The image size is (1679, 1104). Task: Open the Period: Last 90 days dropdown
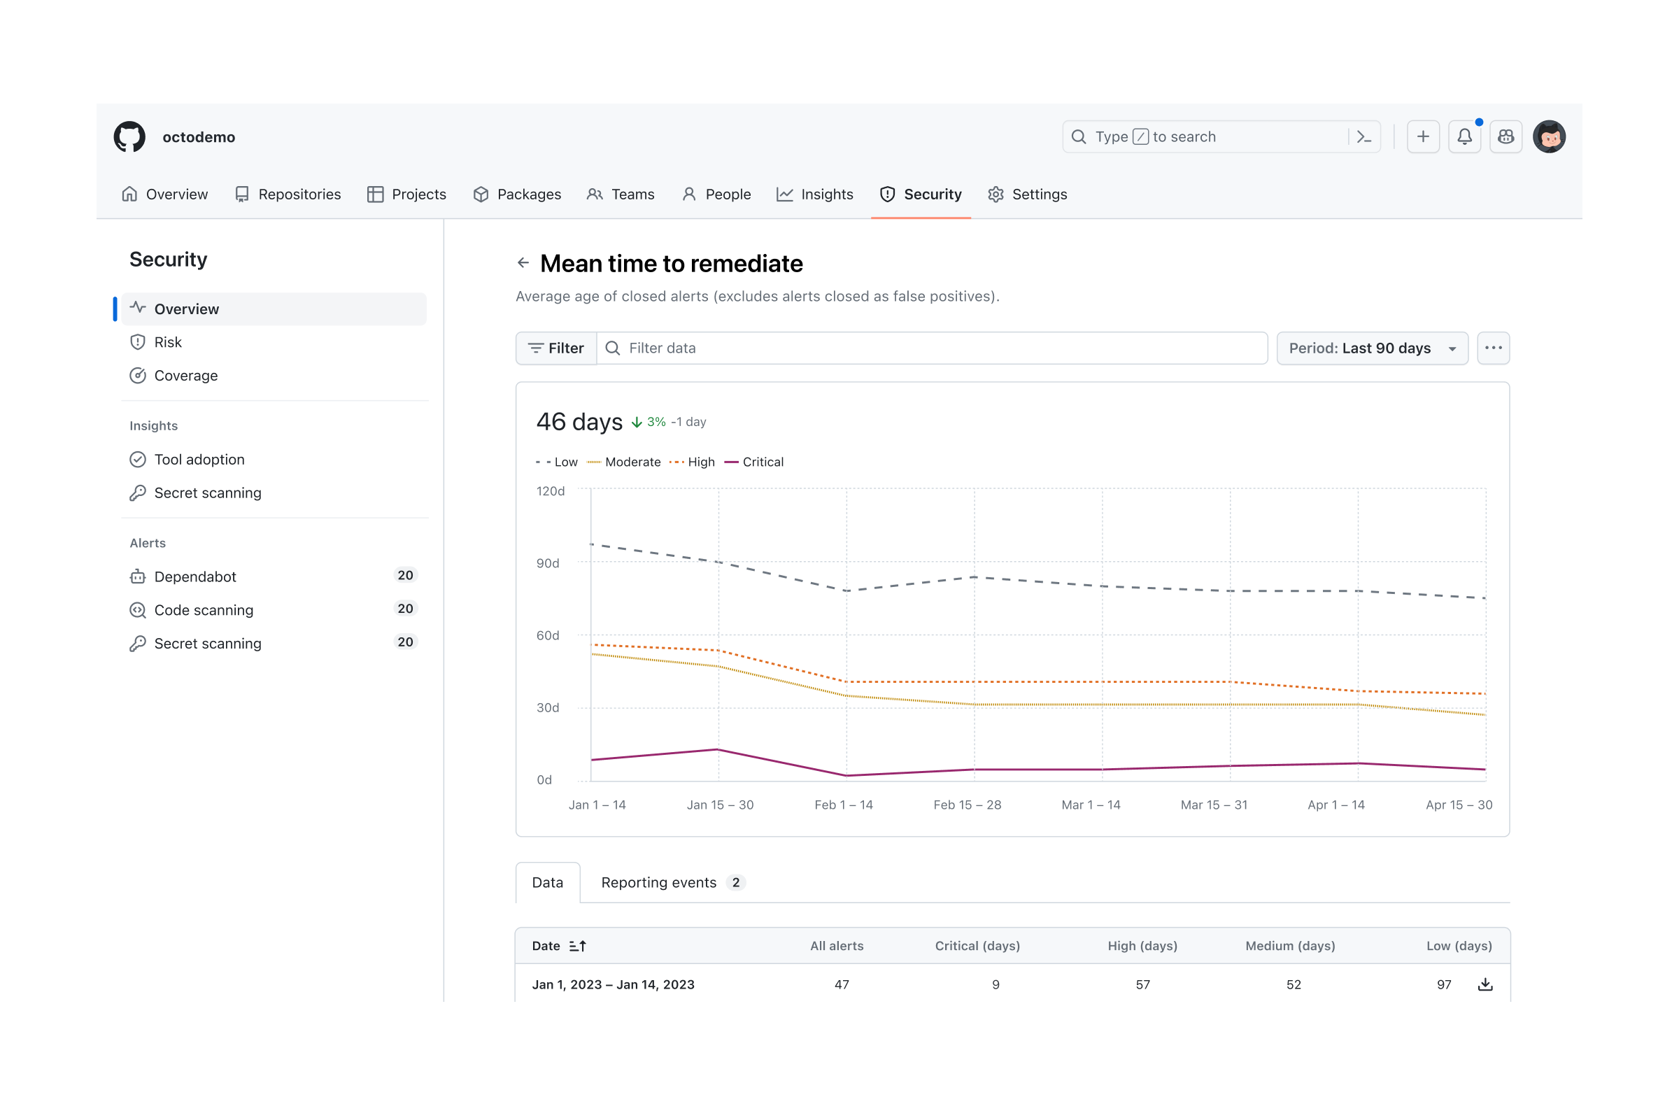pyautogui.click(x=1371, y=348)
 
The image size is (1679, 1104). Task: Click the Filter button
pyautogui.click(x=556, y=348)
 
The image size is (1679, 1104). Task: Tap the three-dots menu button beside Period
pyautogui.click(x=1493, y=348)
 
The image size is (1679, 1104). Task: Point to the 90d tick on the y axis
pyautogui.click(x=548, y=563)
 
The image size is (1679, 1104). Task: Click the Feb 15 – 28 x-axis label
pyautogui.click(x=967, y=805)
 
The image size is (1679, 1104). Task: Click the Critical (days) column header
pyautogui.click(x=977, y=946)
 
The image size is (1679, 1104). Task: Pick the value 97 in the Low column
pyautogui.click(x=1443, y=985)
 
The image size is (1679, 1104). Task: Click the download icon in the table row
pyautogui.click(x=1485, y=985)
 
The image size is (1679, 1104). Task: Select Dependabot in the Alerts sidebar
pyautogui.click(x=194, y=576)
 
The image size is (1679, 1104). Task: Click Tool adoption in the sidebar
pyautogui.click(x=199, y=459)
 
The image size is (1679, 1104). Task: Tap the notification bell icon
pyautogui.click(x=1464, y=137)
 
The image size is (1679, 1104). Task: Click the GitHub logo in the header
pyautogui.click(x=130, y=137)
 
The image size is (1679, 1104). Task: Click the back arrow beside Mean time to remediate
pyautogui.click(x=523, y=263)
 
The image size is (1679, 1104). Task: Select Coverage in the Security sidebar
pyautogui.click(x=185, y=375)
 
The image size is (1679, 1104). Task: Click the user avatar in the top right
pyautogui.click(x=1548, y=137)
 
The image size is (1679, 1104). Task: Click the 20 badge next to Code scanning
pyautogui.click(x=405, y=609)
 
